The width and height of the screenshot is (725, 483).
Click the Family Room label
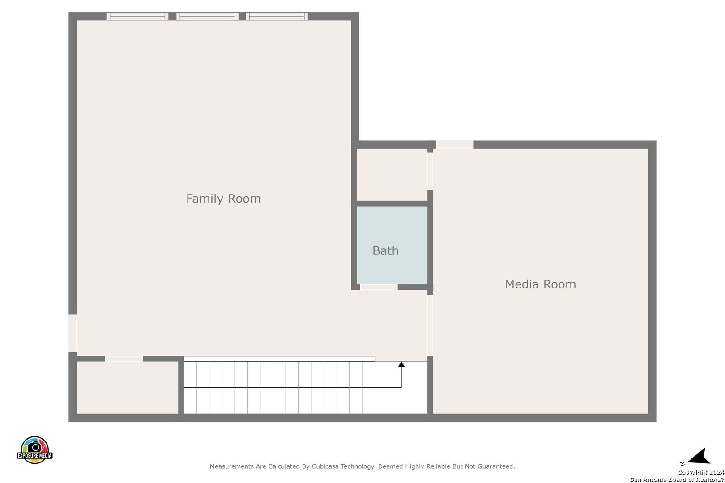click(223, 199)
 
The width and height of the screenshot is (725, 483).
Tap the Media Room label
click(541, 284)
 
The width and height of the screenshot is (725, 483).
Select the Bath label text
click(385, 251)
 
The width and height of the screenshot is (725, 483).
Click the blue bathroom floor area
click(392, 245)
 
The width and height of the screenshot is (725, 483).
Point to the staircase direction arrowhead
click(401, 364)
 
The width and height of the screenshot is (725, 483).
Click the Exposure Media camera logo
click(34, 450)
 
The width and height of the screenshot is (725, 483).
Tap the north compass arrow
click(699, 457)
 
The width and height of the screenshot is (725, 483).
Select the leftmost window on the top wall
click(137, 16)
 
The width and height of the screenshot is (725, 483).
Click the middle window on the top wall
click(208, 16)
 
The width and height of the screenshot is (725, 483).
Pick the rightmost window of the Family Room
click(277, 16)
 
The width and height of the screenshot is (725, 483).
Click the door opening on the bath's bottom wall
click(379, 287)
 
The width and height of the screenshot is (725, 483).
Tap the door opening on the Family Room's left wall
click(73, 333)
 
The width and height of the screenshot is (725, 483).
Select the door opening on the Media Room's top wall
click(455, 144)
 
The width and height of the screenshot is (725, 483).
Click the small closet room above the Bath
click(392, 175)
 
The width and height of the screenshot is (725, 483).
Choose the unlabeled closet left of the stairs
click(128, 388)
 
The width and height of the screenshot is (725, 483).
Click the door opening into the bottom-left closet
click(124, 359)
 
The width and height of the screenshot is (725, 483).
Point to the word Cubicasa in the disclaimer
click(325, 466)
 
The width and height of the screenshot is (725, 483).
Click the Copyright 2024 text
click(701, 473)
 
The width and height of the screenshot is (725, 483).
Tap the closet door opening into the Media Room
click(430, 171)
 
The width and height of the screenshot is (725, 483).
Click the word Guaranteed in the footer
click(495, 466)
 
